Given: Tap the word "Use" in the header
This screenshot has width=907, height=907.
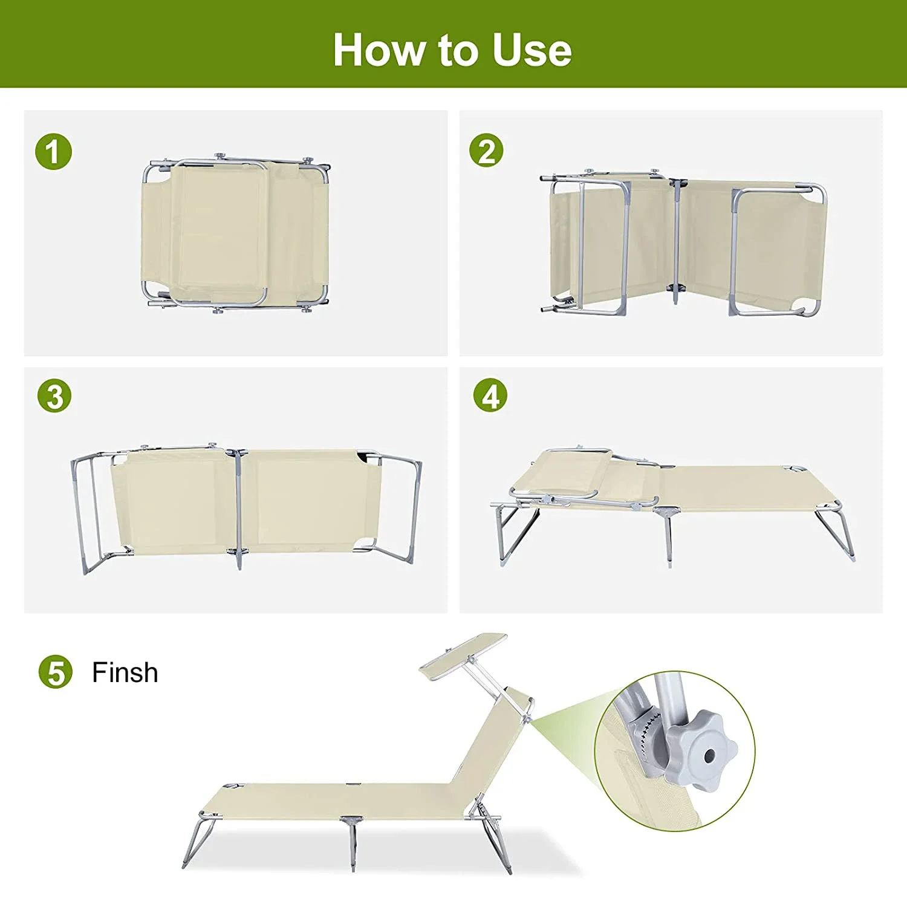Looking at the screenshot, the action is (x=532, y=50).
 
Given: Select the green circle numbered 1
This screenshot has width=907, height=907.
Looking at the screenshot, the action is (x=53, y=151).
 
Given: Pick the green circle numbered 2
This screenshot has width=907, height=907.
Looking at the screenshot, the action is (x=487, y=151).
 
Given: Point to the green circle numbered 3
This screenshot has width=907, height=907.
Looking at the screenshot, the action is (x=54, y=397).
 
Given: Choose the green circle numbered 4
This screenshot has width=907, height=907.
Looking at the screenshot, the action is (x=490, y=395).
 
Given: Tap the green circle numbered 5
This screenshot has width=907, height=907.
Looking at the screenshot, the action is (x=56, y=672).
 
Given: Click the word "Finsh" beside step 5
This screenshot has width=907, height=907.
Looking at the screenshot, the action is (x=125, y=672).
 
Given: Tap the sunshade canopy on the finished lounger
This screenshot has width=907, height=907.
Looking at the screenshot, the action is (x=464, y=655).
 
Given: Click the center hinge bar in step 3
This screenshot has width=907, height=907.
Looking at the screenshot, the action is (x=238, y=508).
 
